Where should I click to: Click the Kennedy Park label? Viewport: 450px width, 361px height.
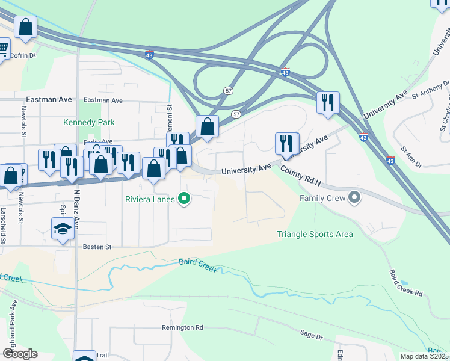pyautogui.click(x=89, y=122)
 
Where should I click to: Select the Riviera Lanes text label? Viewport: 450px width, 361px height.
pyautogui.click(x=150, y=199)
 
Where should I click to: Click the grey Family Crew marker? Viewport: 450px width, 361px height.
pyautogui.click(x=354, y=197)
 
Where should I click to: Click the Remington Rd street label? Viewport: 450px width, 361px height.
pyautogui.click(x=182, y=327)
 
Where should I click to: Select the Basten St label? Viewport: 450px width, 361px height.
pyautogui.click(x=97, y=247)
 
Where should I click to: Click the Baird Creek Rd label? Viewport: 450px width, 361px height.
pyautogui.click(x=405, y=283)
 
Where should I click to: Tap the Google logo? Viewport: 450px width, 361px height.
pyautogui.click(x=20, y=354)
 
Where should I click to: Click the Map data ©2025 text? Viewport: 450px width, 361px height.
pyautogui.click(x=425, y=356)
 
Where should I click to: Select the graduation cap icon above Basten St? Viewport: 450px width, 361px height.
pyautogui.click(x=63, y=229)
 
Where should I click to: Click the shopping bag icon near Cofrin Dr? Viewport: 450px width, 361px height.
pyautogui.click(x=25, y=27)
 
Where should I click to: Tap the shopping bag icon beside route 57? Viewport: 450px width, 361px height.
pyautogui.click(x=207, y=127)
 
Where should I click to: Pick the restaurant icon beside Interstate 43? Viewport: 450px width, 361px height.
pyautogui.click(x=328, y=102)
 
